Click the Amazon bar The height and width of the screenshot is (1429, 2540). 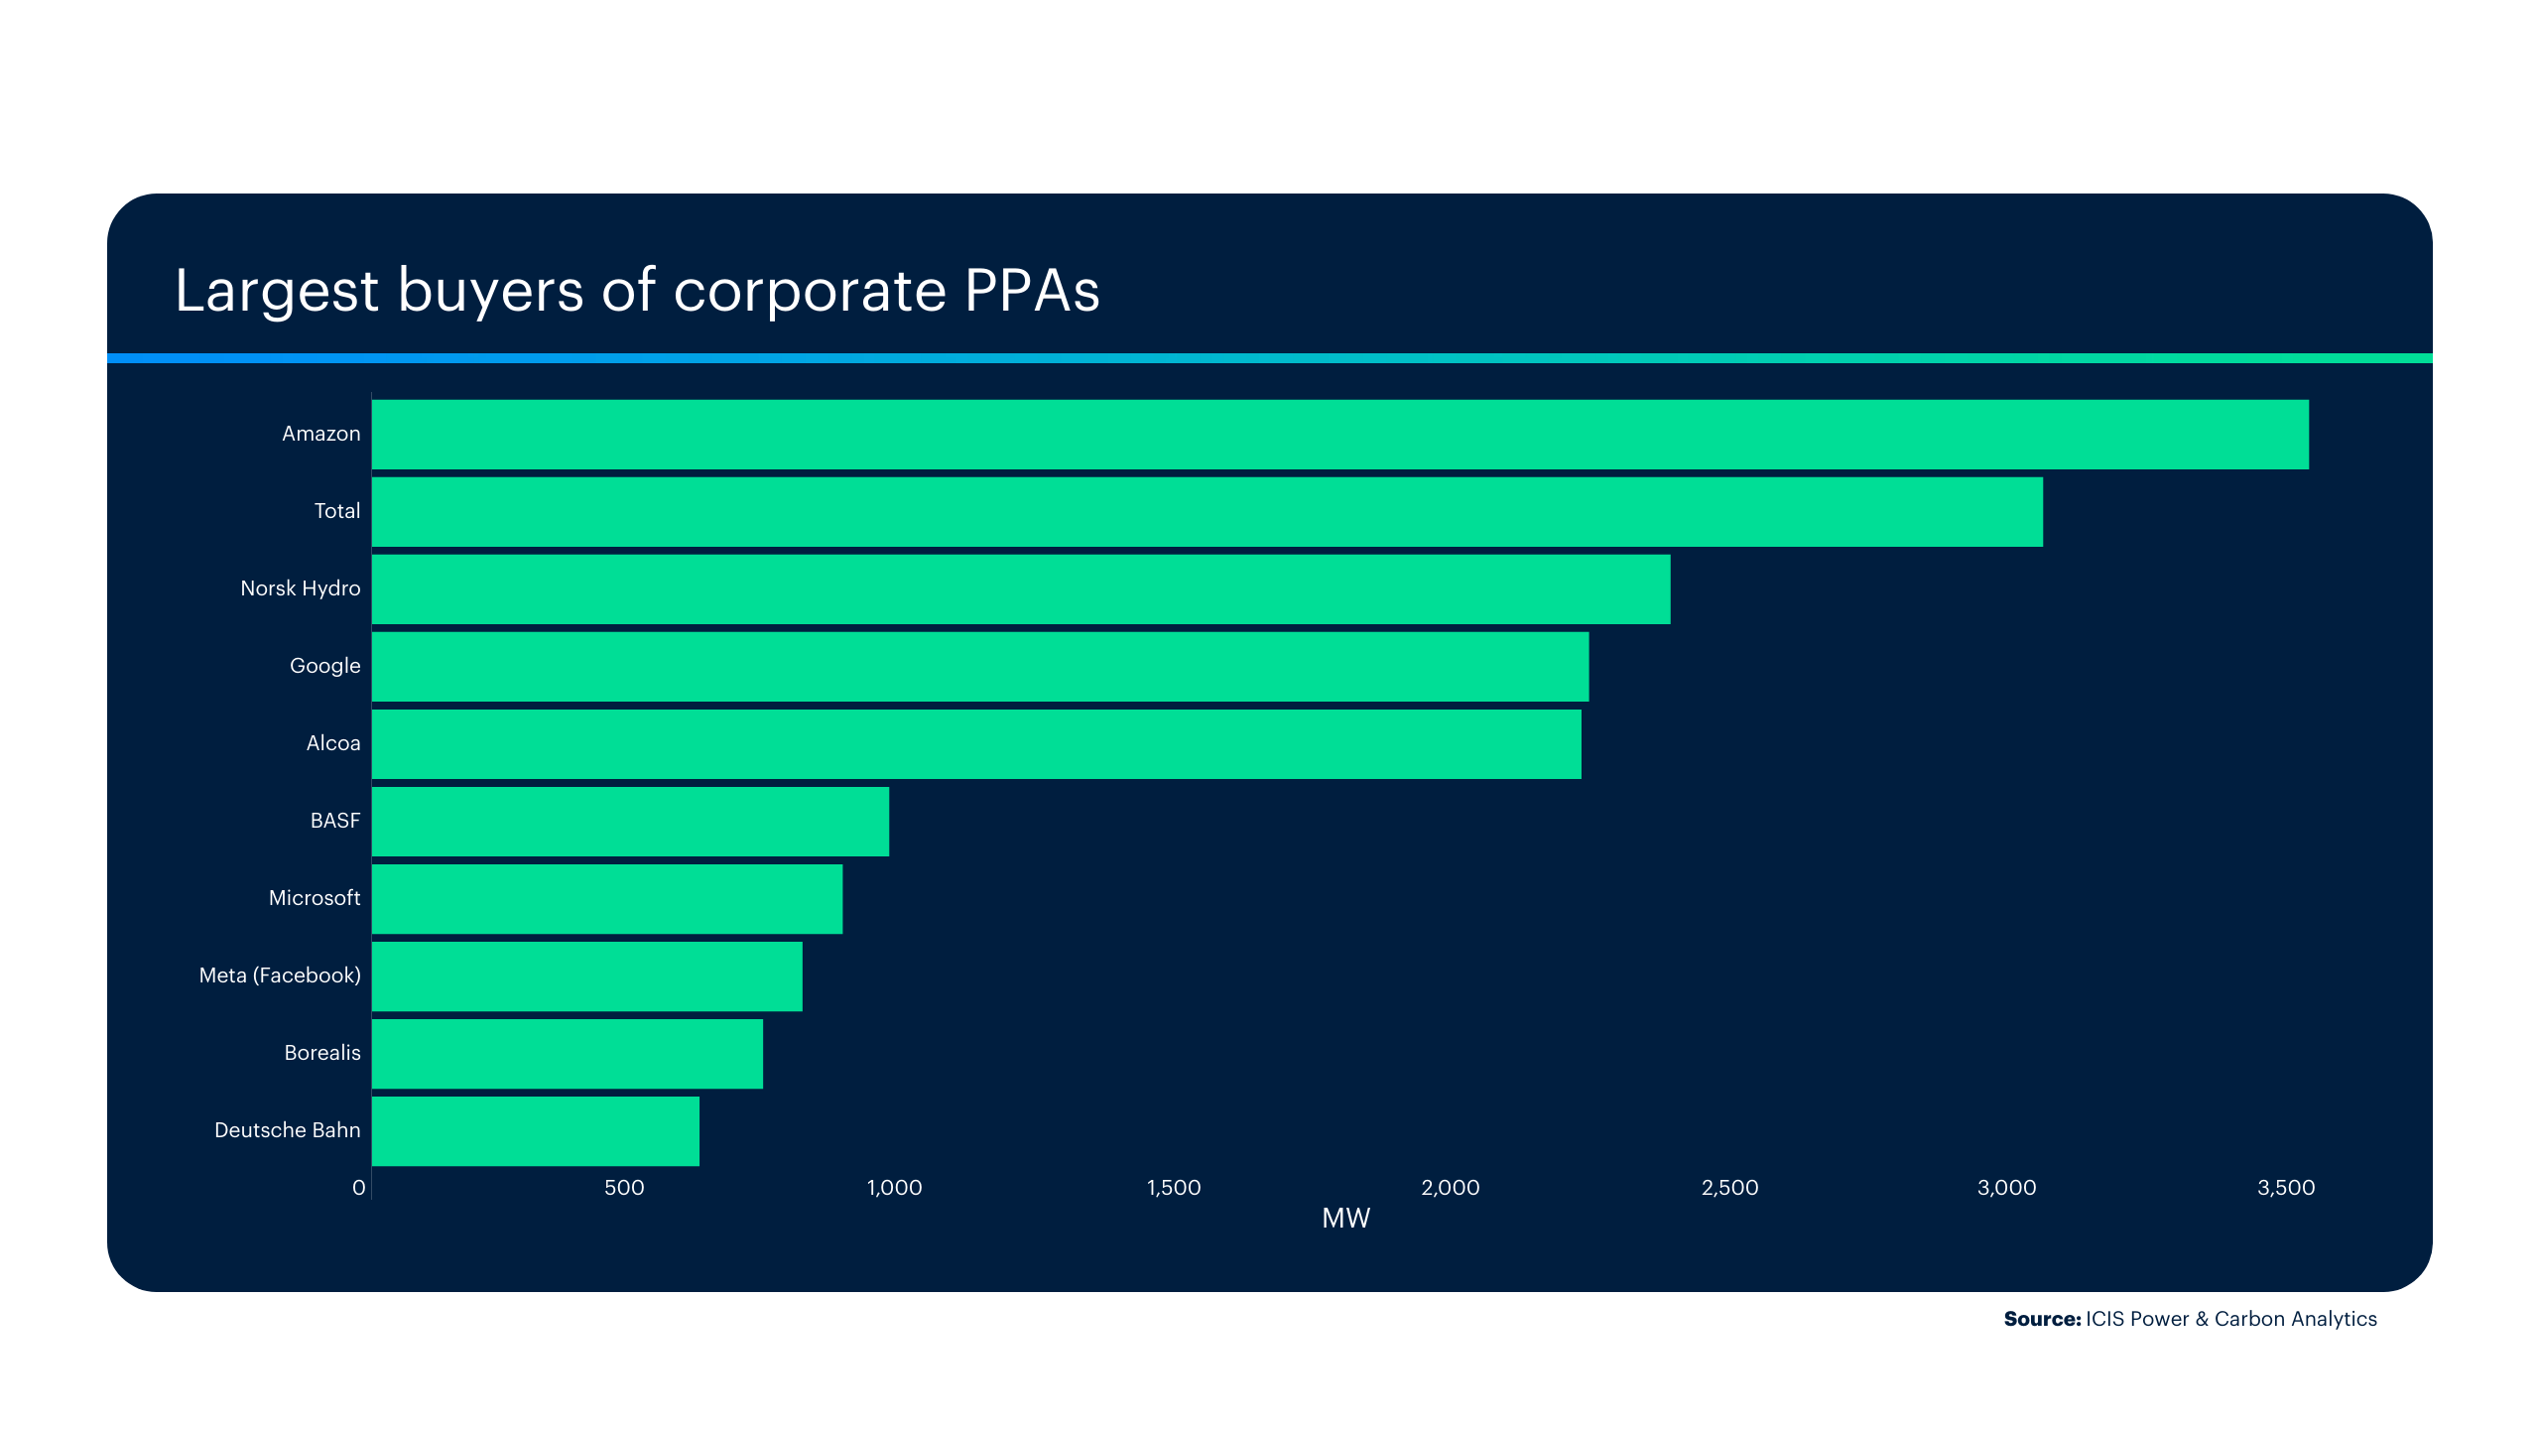(1339, 435)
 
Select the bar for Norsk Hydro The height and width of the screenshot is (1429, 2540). (1021, 589)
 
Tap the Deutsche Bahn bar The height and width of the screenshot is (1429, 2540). (536, 1131)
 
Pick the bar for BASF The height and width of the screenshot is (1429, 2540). (630, 822)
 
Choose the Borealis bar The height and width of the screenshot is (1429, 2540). (568, 1054)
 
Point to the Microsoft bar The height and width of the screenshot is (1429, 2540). (607, 899)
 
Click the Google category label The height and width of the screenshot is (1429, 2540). (324, 666)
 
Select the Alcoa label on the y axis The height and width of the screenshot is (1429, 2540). (332, 743)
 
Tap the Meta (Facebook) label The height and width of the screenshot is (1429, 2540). (280, 975)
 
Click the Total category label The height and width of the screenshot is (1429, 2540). (336, 511)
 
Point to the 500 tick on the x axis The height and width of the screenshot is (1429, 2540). (624, 1188)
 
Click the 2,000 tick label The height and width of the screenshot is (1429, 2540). (1450, 1188)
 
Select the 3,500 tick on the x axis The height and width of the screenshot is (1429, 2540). (2285, 1188)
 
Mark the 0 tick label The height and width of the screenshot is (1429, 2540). (359, 1188)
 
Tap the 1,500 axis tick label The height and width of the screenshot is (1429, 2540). (1173, 1188)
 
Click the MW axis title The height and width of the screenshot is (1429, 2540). (1345, 1219)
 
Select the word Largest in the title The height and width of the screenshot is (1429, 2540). (277, 293)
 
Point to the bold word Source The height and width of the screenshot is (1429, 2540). (2041, 1319)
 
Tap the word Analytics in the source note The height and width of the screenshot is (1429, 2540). (2331, 1319)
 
